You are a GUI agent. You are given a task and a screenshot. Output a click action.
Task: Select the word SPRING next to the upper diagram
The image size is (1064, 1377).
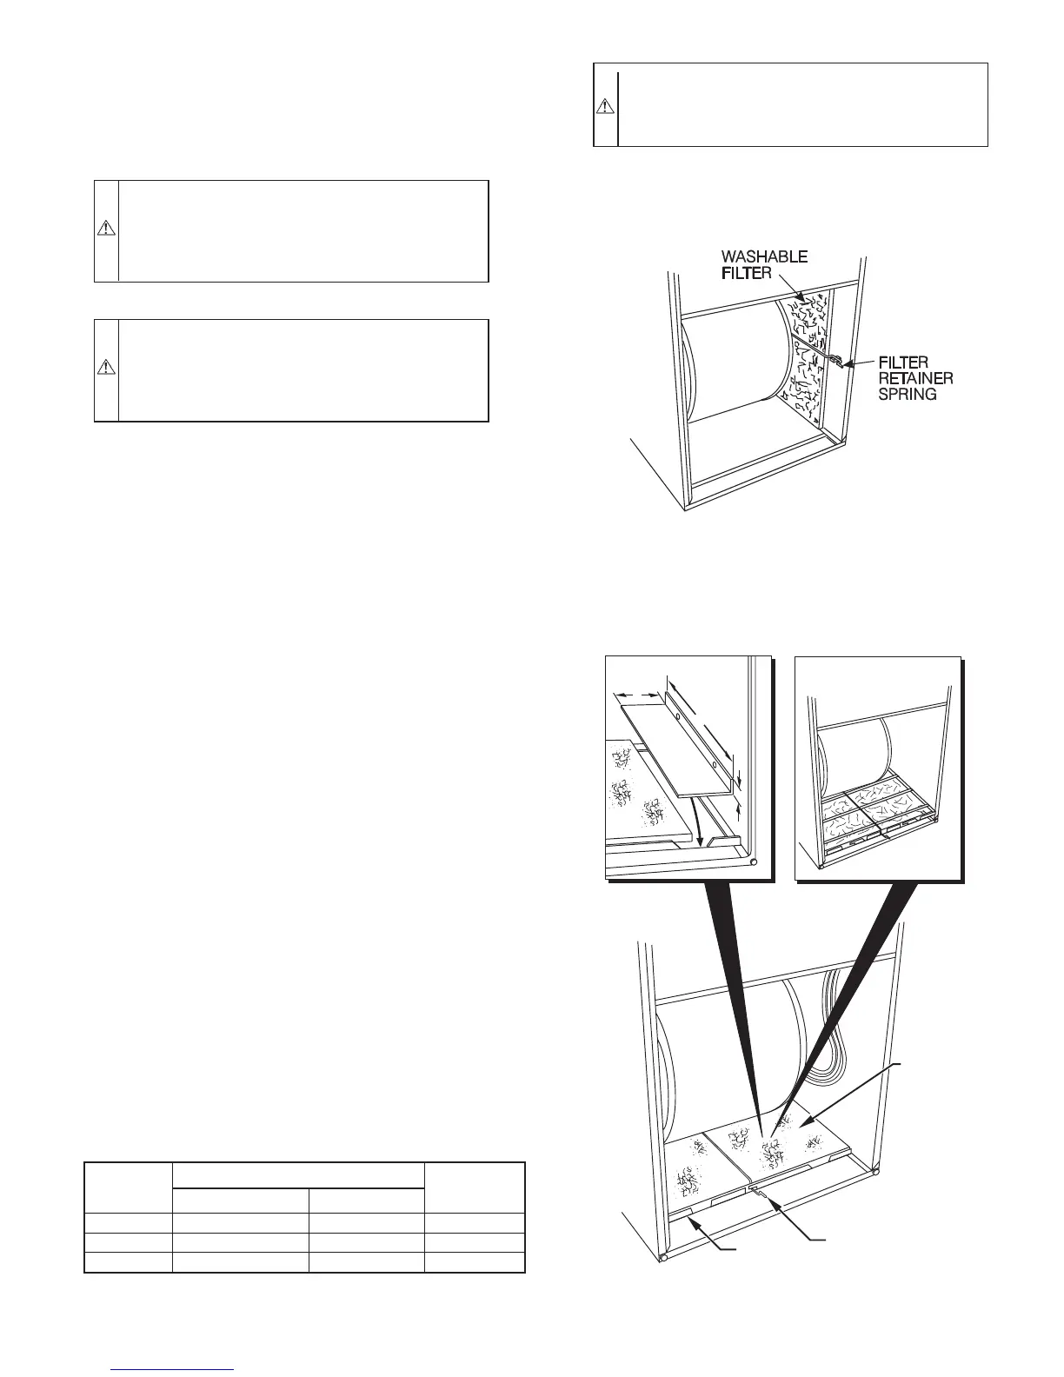[907, 394]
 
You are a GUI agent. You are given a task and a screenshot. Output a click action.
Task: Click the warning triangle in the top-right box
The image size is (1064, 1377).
[605, 106]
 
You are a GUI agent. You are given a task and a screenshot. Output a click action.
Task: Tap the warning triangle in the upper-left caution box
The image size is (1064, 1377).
[105, 229]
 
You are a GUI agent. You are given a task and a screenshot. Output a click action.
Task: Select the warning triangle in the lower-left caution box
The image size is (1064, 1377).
[105, 367]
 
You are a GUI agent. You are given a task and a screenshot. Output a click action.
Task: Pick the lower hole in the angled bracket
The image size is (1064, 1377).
[713, 765]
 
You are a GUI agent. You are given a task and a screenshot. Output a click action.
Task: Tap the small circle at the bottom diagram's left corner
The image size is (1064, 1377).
[664, 1257]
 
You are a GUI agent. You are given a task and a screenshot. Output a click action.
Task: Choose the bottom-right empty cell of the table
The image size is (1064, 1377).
[475, 1263]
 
